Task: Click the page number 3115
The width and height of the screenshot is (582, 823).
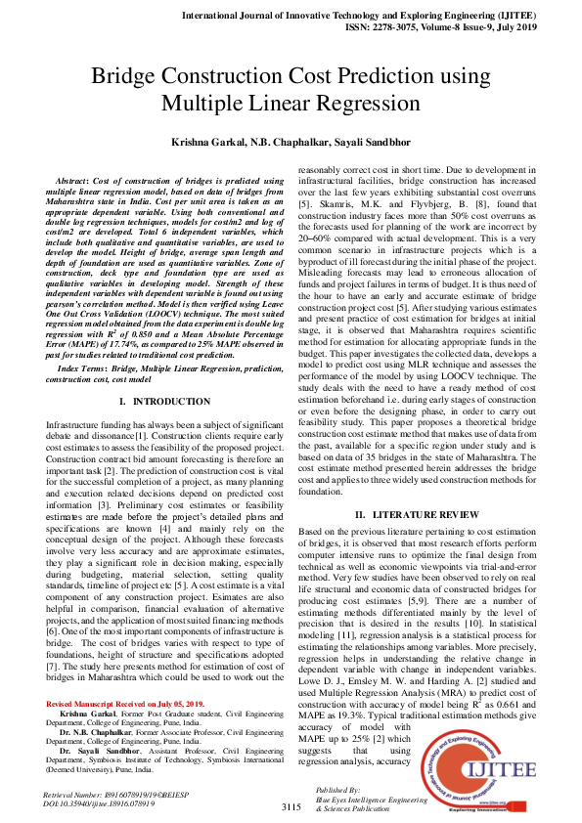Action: point(291,808)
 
